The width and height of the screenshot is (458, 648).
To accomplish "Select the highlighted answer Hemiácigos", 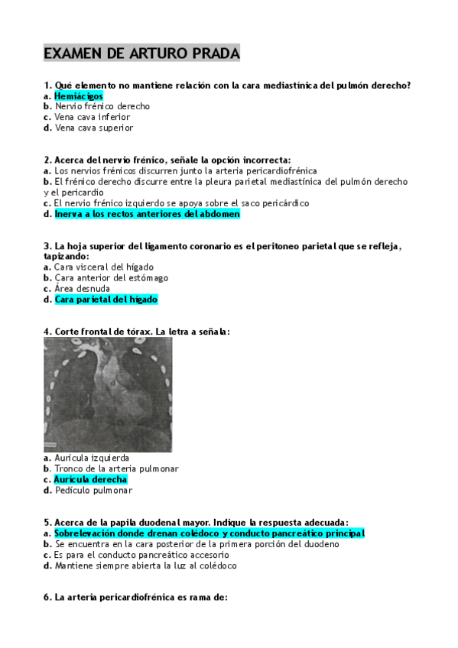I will pyautogui.click(x=78, y=96).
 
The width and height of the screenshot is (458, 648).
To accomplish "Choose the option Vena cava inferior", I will pyautogui.click(x=92, y=118).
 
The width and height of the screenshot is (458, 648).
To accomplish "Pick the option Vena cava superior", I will pyautogui.click(x=93, y=128).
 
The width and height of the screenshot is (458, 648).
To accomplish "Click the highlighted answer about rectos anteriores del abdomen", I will pyautogui.click(x=147, y=215).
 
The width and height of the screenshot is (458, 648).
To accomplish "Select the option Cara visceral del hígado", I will pyautogui.click(x=104, y=267).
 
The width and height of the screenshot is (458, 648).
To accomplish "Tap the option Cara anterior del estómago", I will pyautogui.click(x=111, y=278).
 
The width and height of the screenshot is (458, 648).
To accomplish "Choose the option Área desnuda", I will pyautogui.click(x=82, y=289).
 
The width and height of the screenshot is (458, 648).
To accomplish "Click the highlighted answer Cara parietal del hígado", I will pyautogui.click(x=106, y=300).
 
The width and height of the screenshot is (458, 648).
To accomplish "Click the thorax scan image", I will pyautogui.click(x=108, y=395).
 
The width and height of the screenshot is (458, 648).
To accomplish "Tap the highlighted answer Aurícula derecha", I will pyautogui.click(x=90, y=479).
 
